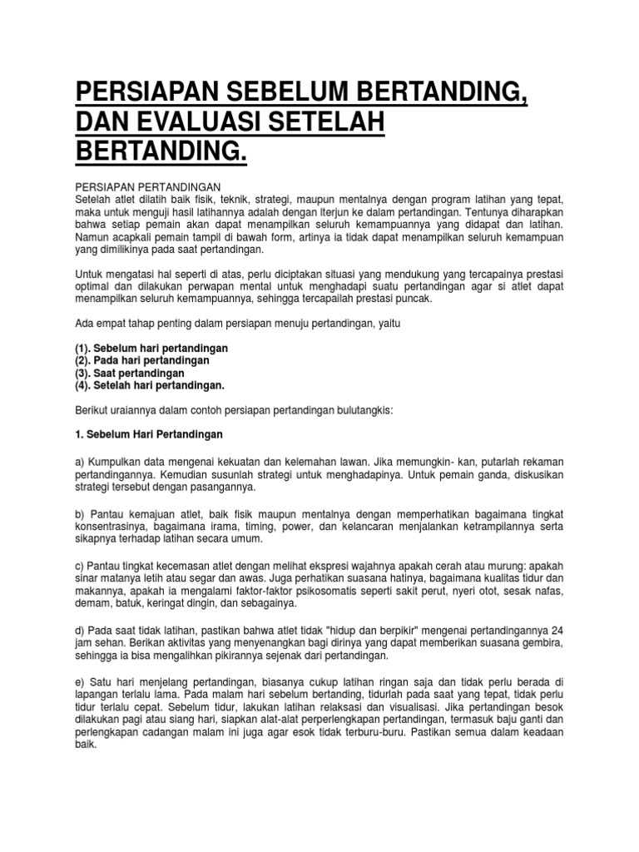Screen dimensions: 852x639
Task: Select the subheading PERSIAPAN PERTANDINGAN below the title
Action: point(146,187)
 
